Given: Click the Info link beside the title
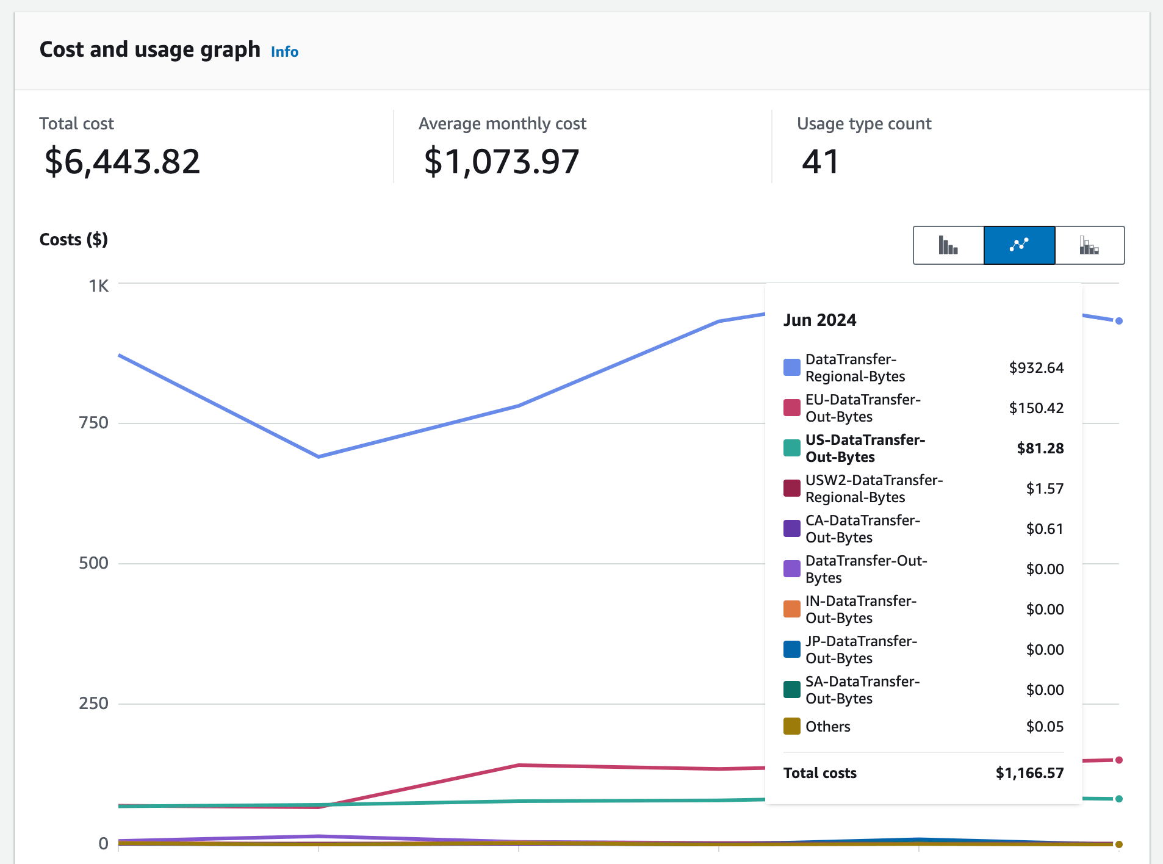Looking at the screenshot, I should click(x=284, y=52).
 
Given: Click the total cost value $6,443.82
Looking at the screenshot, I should click(x=122, y=162).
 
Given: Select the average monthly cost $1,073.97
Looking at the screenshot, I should click(x=501, y=162).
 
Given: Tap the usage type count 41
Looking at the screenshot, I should click(x=820, y=162).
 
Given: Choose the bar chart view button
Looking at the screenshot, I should click(x=948, y=245).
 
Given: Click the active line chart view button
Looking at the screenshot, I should click(x=1019, y=245).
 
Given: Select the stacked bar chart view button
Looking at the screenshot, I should click(x=1089, y=245).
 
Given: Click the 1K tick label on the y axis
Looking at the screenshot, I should click(x=98, y=286).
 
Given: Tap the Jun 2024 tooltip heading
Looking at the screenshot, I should click(x=819, y=320).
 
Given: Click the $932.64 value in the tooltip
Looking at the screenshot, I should click(x=1035, y=368).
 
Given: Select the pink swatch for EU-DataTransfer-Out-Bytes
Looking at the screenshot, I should click(x=791, y=408).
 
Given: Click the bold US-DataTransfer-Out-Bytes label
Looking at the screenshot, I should click(x=865, y=448).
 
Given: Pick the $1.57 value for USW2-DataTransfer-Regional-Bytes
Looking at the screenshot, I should click(x=1044, y=489).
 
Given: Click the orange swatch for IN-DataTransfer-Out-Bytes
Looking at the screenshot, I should click(x=791, y=609).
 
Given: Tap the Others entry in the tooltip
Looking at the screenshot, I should click(x=827, y=727).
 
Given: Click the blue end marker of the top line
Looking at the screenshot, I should click(x=1118, y=321).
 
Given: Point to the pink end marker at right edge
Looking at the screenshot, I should click(x=1118, y=760).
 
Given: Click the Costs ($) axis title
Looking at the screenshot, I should click(x=73, y=240).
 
